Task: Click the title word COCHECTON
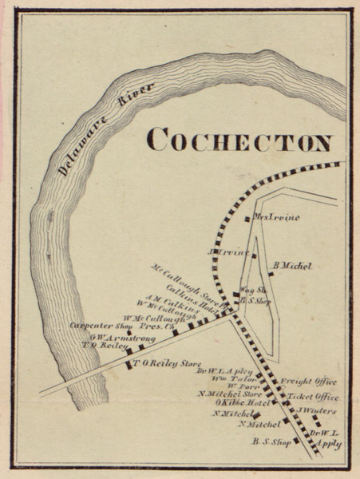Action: coord(239,141)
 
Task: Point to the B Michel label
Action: coord(292,265)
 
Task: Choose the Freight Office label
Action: coord(308,382)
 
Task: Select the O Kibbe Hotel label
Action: coord(227,403)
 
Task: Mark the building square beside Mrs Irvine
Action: coord(247,218)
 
